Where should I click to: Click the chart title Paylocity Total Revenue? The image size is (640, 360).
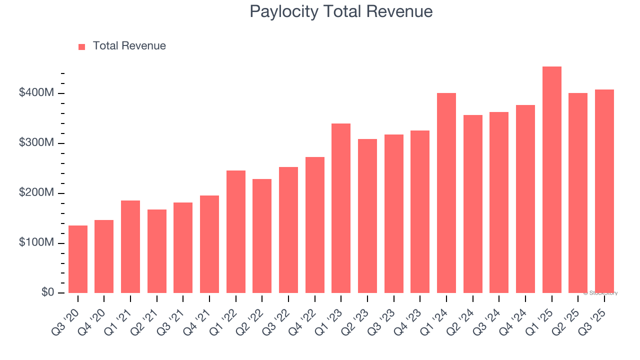pos(341,11)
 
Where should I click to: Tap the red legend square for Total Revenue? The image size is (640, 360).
pos(82,46)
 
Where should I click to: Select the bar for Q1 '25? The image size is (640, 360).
pos(551,180)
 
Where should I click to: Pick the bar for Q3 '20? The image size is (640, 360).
pos(78,259)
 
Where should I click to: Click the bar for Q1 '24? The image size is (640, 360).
pos(446,193)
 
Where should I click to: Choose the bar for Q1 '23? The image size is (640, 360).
pos(341,208)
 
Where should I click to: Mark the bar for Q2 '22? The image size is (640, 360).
pos(262,236)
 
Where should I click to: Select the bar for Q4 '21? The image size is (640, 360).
pos(209,244)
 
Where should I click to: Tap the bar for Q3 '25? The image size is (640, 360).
pos(604,191)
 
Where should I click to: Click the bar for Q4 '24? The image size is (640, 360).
pos(525,199)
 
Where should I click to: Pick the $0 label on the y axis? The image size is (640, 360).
pos(47,292)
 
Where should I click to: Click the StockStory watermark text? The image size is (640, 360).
pos(600,293)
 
